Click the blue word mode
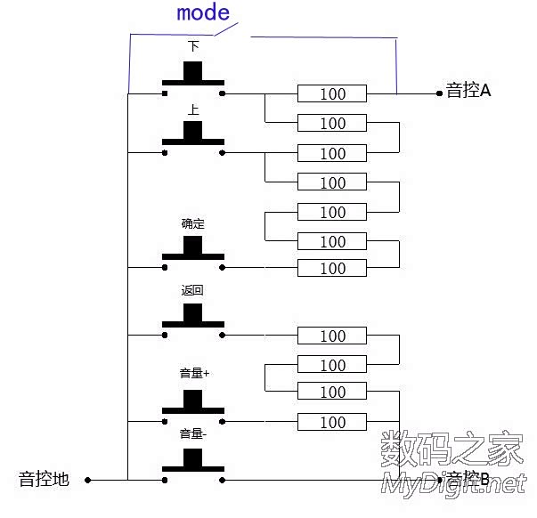pos(203,13)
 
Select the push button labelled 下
pos(193,75)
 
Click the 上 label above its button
pos(193,110)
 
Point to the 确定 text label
pos(193,224)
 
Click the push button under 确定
pos(193,250)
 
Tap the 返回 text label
pos(193,291)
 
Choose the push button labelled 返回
pos(193,318)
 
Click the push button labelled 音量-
pos(193,462)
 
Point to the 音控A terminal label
pos(468,91)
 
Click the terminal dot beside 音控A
pos(438,93)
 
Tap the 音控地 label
pos(44,480)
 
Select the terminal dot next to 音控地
pos(90,481)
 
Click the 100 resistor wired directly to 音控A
pos(332,93)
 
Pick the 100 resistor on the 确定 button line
pos(332,268)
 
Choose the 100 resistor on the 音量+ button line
pos(332,422)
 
